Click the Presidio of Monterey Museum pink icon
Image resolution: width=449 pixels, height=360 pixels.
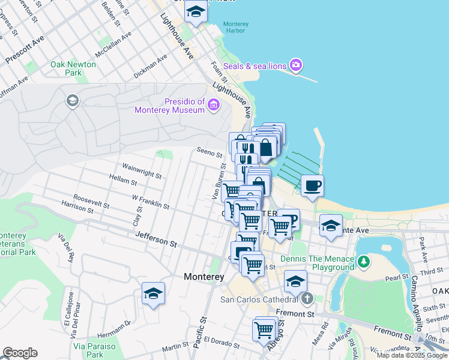click(x=213, y=106)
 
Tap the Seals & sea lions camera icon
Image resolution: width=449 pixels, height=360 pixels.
click(x=295, y=64)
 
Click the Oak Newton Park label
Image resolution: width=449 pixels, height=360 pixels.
click(x=73, y=68)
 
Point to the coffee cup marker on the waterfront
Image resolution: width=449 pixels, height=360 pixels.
click(x=312, y=185)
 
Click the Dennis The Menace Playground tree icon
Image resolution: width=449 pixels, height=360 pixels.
click(x=363, y=262)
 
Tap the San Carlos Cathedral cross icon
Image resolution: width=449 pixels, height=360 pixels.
click(x=307, y=298)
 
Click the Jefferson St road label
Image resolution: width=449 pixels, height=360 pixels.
click(x=156, y=239)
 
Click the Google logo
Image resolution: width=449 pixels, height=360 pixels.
click(x=20, y=353)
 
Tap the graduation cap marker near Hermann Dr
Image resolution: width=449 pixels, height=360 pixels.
click(x=153, y=293)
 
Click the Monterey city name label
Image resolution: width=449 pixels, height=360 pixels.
click(x=203, y=277)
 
